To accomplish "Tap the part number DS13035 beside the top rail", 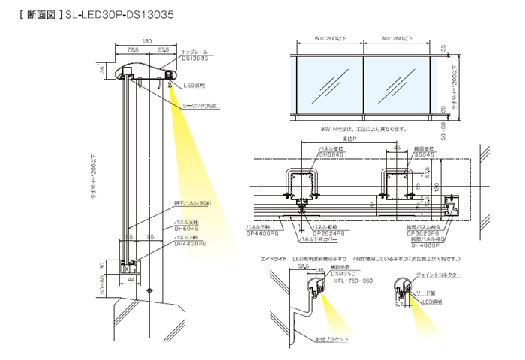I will (196, 58).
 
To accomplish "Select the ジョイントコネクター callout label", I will (439, 275).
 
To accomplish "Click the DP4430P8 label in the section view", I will (190, 244).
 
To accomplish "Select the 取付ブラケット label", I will (333, 340).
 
